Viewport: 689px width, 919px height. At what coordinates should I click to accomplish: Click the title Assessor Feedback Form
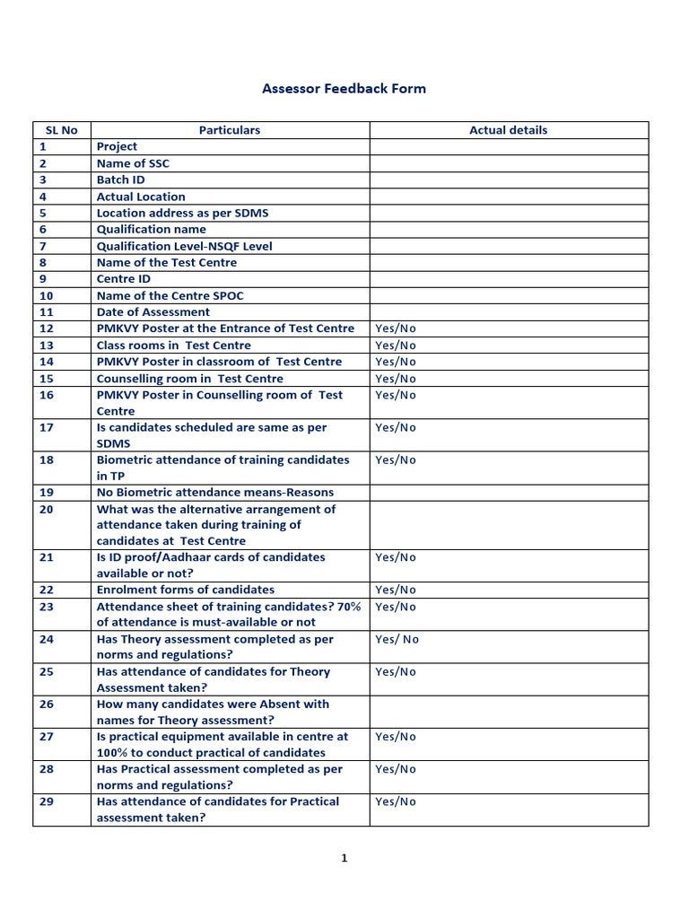(344, 88)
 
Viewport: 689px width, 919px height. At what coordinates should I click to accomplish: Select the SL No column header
(62, 130)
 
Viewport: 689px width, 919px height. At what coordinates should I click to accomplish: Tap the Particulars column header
(230, 130)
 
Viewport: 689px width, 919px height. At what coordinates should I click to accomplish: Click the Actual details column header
(508, 130)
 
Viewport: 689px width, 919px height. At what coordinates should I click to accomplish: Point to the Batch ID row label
(120, 179)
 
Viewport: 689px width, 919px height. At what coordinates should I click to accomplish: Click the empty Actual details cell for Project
(508, 147)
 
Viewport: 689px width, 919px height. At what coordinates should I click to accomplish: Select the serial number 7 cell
(42, 246)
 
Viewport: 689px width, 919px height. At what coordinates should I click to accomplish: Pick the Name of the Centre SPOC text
(170, 295)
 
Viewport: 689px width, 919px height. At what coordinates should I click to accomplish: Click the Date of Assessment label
(153, 312)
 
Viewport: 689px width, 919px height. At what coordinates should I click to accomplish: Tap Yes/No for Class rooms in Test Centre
(396, 346)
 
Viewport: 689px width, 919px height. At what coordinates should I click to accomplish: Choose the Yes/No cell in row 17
(396, 428)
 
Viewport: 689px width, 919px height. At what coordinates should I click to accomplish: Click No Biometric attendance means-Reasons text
(214, 493)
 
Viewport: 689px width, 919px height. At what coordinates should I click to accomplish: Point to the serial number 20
(47, 509)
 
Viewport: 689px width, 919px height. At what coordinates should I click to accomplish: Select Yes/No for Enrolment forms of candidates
(396, 591)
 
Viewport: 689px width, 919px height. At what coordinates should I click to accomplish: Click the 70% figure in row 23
(350, 607)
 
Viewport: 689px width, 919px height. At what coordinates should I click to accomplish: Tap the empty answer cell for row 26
(508, 712)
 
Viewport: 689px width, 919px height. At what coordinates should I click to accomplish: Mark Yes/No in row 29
(396, 801)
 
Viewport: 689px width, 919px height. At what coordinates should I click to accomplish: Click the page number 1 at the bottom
(344, 858)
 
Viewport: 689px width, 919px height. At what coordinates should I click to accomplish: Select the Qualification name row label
(151, 230)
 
